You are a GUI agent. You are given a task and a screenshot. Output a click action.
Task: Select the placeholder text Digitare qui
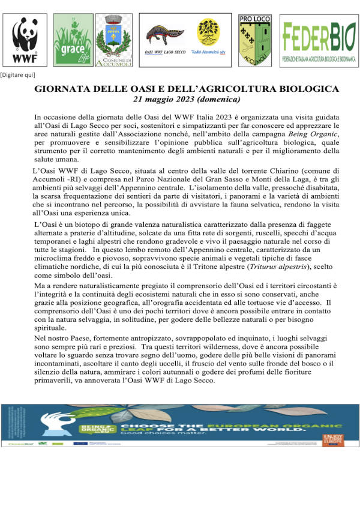pyautogui.click(x=17, y=74)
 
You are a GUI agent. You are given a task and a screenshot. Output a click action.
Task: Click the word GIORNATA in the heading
pyautogui.click(x=61, y=89)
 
